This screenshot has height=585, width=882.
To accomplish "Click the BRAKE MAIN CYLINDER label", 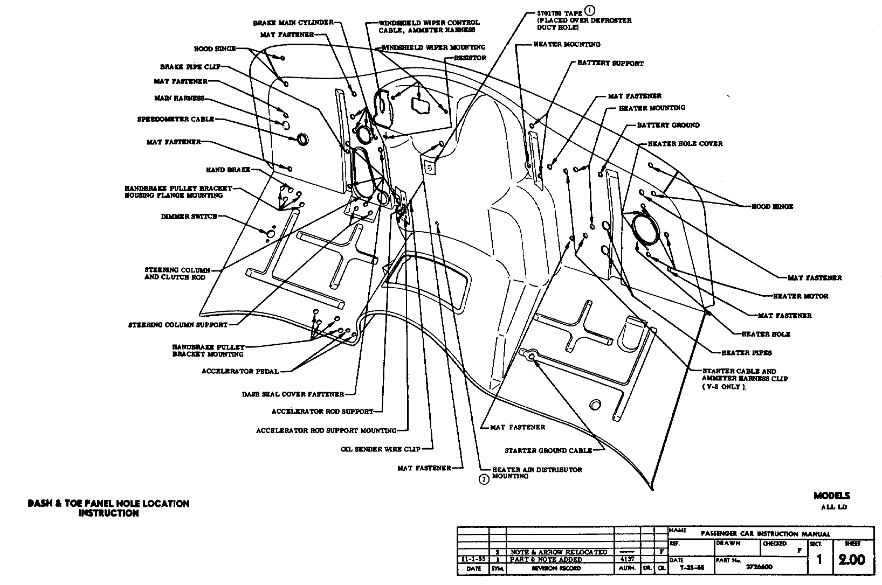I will point(293,23).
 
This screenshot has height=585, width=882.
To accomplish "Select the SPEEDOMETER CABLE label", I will point(176,119).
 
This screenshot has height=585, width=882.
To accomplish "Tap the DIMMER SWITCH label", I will point(189,217).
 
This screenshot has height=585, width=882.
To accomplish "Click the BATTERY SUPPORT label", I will point(610,63).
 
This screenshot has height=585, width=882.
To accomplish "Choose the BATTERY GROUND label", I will point(668,125).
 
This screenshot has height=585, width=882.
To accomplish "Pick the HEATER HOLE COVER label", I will point(685,144).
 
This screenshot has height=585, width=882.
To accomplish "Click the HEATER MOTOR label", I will point(800,296).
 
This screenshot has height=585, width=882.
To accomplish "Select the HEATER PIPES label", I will point(746,353).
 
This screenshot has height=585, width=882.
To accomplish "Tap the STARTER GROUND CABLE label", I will point(548,450).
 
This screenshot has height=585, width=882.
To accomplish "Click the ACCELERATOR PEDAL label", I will point(240,371).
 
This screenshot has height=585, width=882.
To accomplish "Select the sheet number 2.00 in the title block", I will point(852,560).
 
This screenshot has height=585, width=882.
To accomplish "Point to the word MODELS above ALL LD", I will point(831,496).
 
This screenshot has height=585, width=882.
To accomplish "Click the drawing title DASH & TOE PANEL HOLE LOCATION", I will point(108,504).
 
